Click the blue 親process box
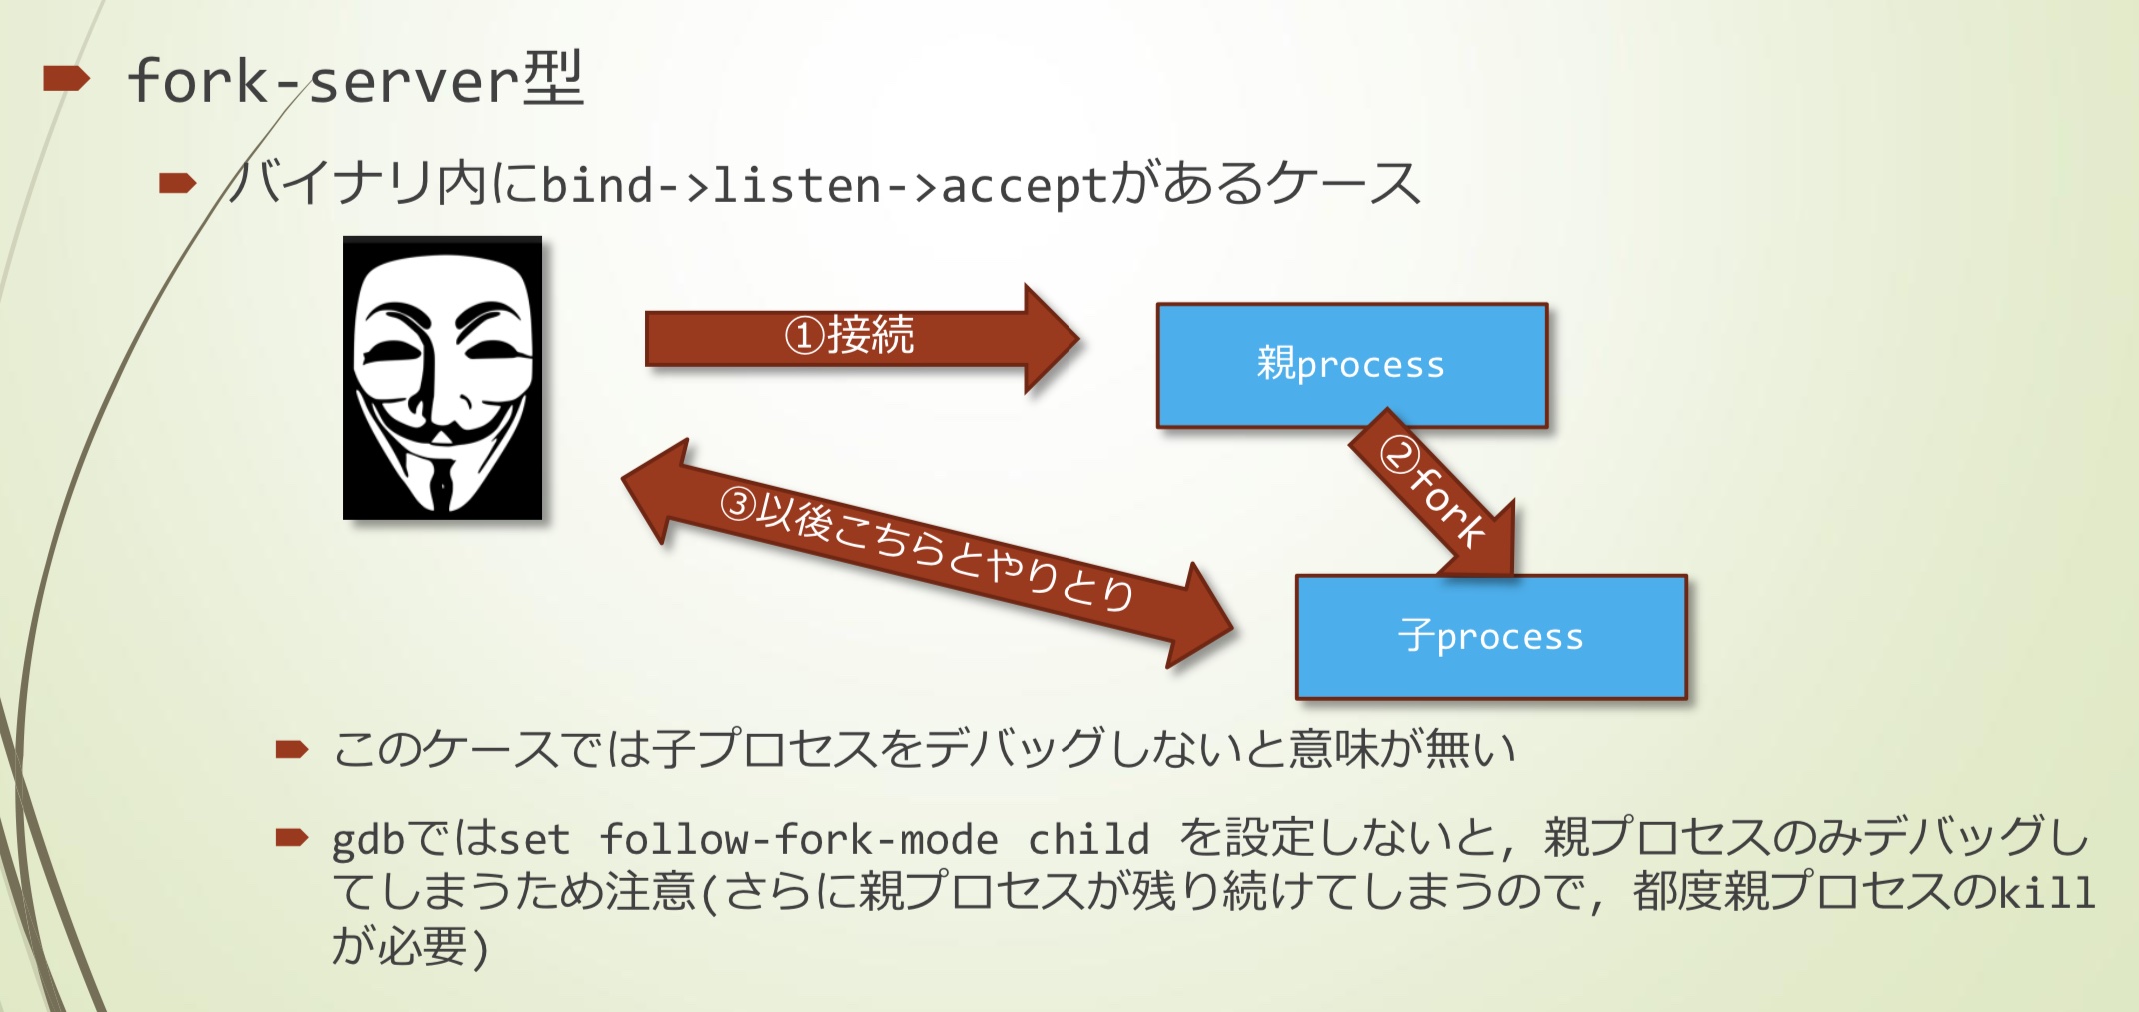(1351, 365)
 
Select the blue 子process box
(1490, 637)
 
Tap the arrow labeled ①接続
(850, 337)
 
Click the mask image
(442, 378)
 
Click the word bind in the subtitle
(597, 186)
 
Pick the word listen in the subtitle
(796, 186)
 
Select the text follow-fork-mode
(798, 840)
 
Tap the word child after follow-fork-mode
(1088, 840)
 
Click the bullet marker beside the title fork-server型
(66, 78)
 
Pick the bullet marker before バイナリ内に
(177, 183)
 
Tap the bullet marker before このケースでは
(291, 749)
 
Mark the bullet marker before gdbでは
(291, 837)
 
